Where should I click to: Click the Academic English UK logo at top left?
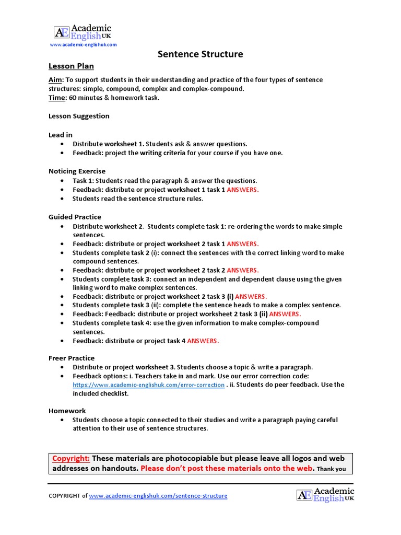[82, 32]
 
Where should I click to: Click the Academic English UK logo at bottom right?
[325, 494]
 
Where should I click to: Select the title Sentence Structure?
[200, 54]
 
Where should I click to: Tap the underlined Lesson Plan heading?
[71, 66]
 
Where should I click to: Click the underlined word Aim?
[55, 80]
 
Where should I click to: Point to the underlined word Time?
[57, 98]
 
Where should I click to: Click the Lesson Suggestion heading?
[79, 116]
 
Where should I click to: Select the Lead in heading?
[61, 135]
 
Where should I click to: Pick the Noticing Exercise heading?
[77, 171]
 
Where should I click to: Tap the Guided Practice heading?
[75, 217]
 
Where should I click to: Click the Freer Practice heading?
[72, 358]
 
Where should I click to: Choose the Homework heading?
[67, 411]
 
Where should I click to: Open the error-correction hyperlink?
[148, 385]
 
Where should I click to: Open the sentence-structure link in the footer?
[158, 496]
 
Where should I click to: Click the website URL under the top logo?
[83, 45]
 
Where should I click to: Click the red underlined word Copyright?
[71, 458]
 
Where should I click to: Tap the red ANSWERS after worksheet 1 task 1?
[243, 190]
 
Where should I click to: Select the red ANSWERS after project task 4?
[203, 341]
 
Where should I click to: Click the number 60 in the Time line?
[73, 98]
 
